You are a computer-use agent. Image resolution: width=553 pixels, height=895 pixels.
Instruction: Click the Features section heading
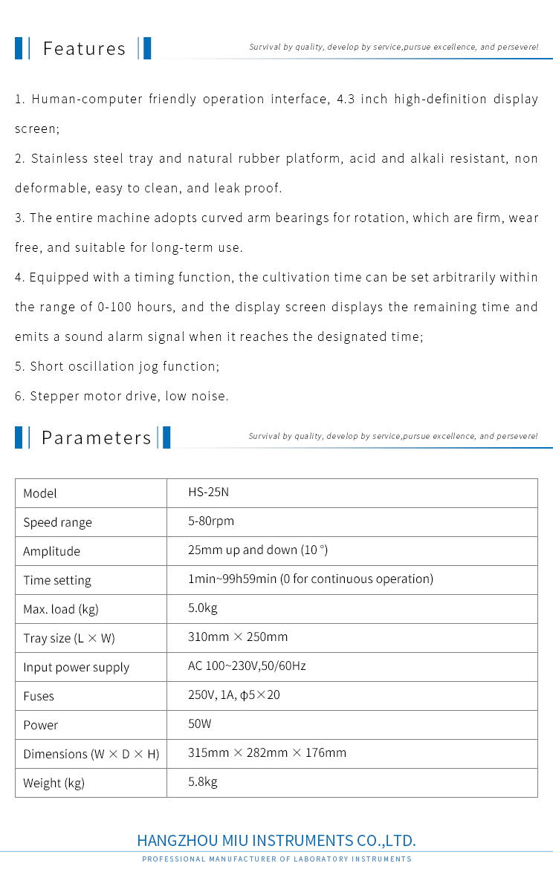click(x=84, y=49)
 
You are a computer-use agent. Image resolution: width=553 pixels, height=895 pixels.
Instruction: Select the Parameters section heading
click(x=96, y=438)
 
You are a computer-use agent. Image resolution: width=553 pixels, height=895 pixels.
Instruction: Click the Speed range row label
click(x=57, y=522)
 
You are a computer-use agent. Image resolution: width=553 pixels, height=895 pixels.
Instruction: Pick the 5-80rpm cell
click(x=211, y=521)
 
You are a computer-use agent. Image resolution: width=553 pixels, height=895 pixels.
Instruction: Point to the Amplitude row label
click(x=51, y=551)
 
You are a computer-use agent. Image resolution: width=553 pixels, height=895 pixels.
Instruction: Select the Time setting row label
click(x=57, y=580)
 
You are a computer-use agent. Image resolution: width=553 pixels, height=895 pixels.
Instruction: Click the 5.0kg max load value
click(x=203, y=608)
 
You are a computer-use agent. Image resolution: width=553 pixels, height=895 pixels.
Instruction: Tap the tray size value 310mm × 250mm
click(x=238, y=637)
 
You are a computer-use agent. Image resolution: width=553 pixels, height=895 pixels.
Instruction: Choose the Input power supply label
click(x=76, y=667)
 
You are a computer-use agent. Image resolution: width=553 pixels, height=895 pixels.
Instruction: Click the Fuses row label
click(x=39, y=696)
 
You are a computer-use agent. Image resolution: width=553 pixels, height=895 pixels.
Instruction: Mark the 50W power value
click(x=200, y=723)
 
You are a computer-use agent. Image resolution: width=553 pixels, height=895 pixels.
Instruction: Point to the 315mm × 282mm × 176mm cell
click(x=267, y=753)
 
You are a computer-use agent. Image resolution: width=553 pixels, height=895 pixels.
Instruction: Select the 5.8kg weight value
click(x=203, y=781)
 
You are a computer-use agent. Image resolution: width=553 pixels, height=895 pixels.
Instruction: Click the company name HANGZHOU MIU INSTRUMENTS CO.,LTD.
click(x=276, y=841)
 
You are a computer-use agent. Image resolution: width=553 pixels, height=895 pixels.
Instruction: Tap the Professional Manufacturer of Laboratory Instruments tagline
click(x=276, y=859)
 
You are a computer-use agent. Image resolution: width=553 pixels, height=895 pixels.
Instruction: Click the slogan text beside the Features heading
click(x=394, y=48)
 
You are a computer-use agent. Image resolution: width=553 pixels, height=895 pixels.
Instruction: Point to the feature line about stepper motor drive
click(x=122, y=397)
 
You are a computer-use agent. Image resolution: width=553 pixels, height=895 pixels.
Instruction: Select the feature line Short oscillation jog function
click(x=117, y=367)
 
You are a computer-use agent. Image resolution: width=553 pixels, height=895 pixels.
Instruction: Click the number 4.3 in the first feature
click(x=345, y=100)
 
